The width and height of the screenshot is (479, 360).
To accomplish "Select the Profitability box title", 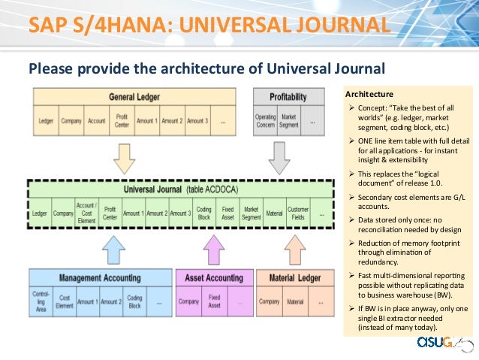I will coord(288,96).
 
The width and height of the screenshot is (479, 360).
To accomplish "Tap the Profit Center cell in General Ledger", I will coord(123,120).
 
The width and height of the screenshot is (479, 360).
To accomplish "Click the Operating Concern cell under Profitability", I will coord(265,120).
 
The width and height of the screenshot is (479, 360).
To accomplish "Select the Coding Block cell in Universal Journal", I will coord(203,213).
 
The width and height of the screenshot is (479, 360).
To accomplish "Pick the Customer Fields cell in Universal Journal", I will coord(299,213).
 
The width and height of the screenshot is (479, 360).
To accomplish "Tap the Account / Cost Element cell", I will coord(86,213).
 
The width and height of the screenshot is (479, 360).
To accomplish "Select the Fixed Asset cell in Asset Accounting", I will coord(215,302).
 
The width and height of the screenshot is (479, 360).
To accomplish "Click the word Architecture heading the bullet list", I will coord(369,94).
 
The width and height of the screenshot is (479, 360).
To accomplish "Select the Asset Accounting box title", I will coord(213,278).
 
